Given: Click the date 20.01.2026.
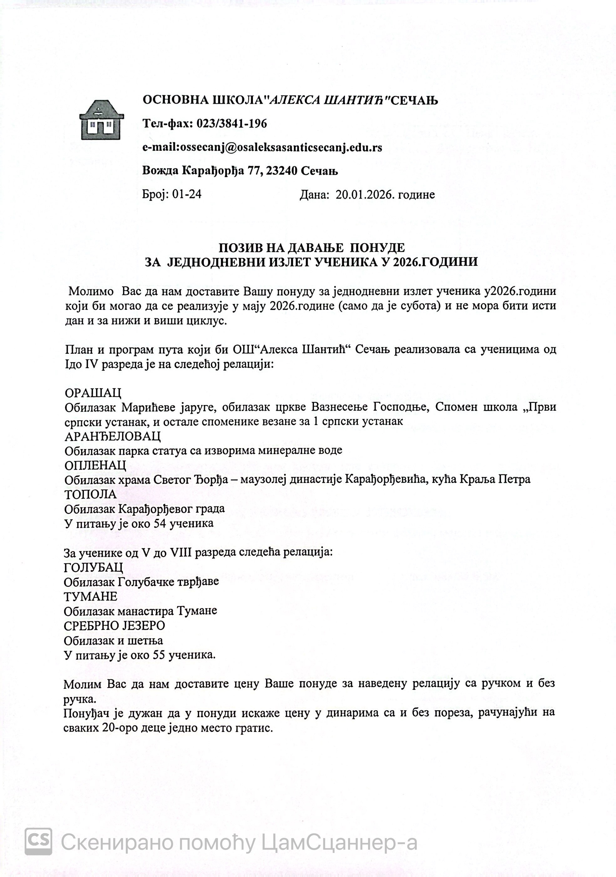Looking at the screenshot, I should (x=365, y=195).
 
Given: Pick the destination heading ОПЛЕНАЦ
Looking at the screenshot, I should (x=95, y=465).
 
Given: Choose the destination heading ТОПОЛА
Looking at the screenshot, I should (x=90, y=494).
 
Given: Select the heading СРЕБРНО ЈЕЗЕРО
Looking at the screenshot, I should (x=114, y=625).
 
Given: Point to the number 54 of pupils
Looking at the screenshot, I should (x=160, y=523).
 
